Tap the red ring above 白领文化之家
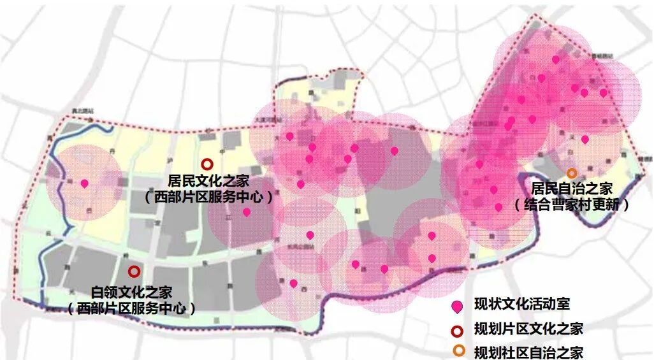point(134,272)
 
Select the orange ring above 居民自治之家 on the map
point(572,173)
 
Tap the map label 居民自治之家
point(572,189)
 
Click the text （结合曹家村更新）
point(572,205)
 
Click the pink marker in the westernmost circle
point(84,184)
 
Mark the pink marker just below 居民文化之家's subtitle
point(247,212)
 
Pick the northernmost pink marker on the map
point(555,59)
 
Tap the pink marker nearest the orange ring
point(585,139)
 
